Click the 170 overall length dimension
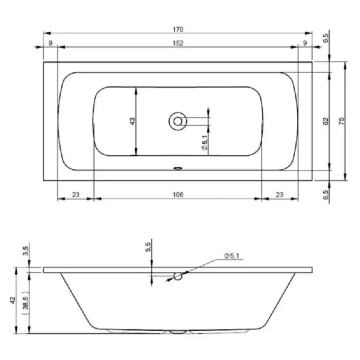[178, 29]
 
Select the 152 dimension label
[178, 43]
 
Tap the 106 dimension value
[178, 195]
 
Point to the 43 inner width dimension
[133, 121]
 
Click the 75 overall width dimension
[342, 121]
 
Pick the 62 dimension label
[326, 121]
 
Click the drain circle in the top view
[178, 121]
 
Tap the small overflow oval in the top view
[178, 168]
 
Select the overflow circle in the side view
[178, 276]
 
